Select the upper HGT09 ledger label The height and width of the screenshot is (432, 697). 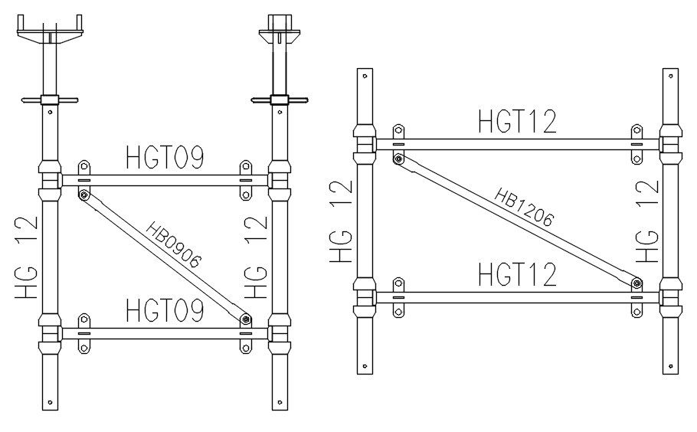[164, 158]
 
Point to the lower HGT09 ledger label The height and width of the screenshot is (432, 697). [164, 311]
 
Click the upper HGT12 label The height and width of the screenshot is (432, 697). [517, 122]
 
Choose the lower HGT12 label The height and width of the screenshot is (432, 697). [517, 273]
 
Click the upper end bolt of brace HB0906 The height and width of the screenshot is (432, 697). [83, 195]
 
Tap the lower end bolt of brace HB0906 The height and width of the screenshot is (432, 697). [244, 318]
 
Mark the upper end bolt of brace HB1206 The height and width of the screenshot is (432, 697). [398, 159]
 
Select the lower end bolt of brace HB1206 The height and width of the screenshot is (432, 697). [637, 283]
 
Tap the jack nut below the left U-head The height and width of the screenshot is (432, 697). [49, 99]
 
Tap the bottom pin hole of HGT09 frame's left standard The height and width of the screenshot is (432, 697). [49, 401]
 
